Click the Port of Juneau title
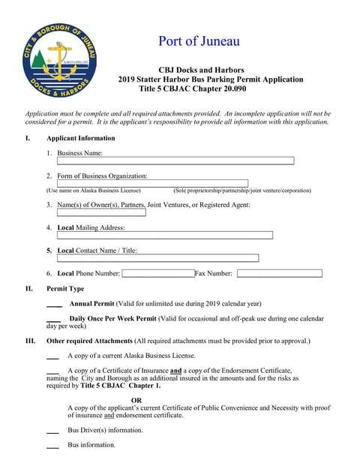pyautogui.click(x=199, y=41)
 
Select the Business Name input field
pyautogui.click(x=175, y=161)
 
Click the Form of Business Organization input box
pyautogui.click(x=152, y=183)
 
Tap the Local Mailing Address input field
pyautogui.click(x=165, y=235)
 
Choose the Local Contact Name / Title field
pyautogui.click(x=157, y=258)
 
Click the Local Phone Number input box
pyautogui.click(x=157, y=274)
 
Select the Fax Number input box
pyautogui.click(x=279, y=274)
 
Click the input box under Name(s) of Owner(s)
pyautogui.click(x=101, y=212)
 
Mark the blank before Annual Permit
pyautogui.click(x=54, y=305)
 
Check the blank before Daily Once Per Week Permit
pyautogui.click(x=54, y=320)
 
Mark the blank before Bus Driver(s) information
pyautogui.click(x=52, y=432)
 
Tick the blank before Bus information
pyautogui.click(x=52, y=446)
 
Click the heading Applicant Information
pyautogui.click(x=81, y=138)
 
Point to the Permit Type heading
pyautogui.click(x=65, y=289)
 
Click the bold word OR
pyautogui.click(x=136, y=400)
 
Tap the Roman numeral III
pyautogui.click(x=31, y=341)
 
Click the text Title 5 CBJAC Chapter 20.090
pyautogui.click(x=193, y=89)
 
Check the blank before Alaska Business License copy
pyautogui.click(x=52, y=356)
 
